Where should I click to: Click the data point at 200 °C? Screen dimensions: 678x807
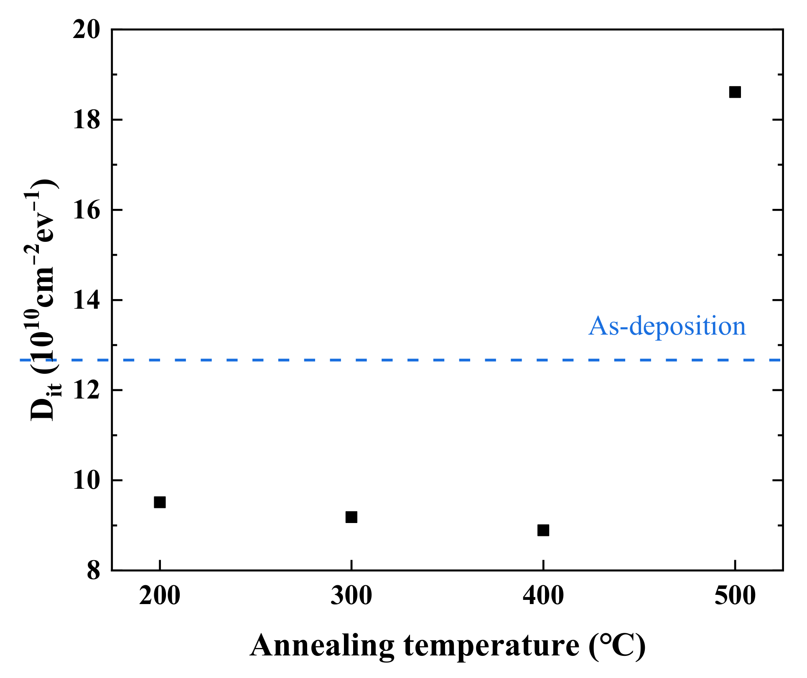pos(160,502)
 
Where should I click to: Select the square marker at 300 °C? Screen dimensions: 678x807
pos(351,517)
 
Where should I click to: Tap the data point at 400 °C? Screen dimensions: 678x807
pos(543,530)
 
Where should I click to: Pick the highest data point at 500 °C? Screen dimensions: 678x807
pos(735,92)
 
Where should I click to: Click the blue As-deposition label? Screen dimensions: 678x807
pos(667,326)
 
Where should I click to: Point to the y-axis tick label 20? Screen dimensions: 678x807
pos(87,30)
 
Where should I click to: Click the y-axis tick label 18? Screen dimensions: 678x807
pos(87,120)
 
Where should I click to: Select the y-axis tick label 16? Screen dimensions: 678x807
pos(87,211)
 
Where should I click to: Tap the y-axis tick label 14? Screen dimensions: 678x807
pos(87,301)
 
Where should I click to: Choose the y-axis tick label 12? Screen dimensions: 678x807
pos(87,391)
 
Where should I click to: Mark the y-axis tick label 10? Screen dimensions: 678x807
pos(87,481)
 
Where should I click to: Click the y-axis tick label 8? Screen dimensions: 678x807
pos(94,571)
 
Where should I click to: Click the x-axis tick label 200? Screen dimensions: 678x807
pos(160,596)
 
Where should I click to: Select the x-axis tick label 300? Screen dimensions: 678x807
pos(351,596)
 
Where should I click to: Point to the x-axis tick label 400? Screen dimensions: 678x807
pos(543,596)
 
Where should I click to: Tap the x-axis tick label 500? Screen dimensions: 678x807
pos(735,596)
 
